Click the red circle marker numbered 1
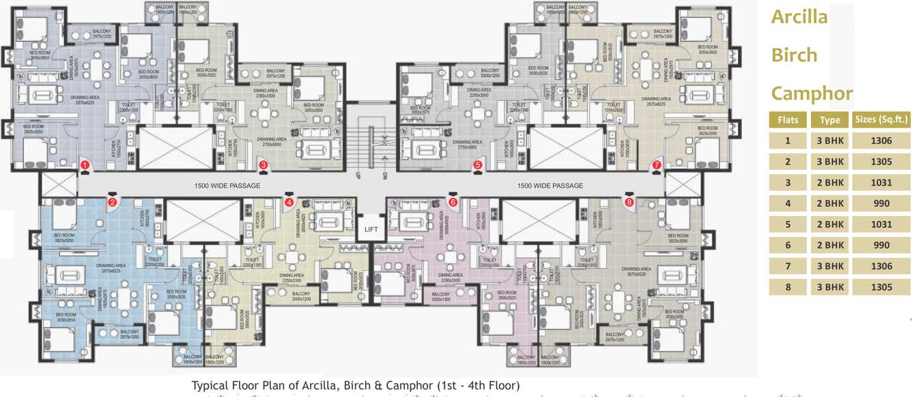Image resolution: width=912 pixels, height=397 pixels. click(x=85, y=165)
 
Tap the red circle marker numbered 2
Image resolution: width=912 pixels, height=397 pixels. click(x=113, y=201)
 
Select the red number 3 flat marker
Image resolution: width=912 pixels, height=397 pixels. click(x=263, y=165)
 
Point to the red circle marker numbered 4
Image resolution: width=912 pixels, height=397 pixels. click(x=289, y=202)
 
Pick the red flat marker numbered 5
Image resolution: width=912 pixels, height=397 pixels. click(x=478, y=165)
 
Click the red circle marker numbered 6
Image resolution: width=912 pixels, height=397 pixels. click(x=453, y=202)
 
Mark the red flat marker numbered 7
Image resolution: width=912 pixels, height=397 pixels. click(x=657, y=165)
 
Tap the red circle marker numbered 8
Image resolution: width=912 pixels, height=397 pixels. click(x=629, y=202)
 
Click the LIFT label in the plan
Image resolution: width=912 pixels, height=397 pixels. click(x=371, y=229)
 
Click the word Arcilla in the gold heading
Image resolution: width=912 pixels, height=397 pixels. click(x=799, y=18)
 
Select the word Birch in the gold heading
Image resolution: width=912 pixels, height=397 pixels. click(x=794, y=55)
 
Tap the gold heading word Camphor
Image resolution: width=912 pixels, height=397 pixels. click(x=812, y=93)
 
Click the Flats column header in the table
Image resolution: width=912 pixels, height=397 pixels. click(x=787, y=120)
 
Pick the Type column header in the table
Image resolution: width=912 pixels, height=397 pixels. click(x=829, y=120)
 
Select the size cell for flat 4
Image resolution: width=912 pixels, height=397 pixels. click(x=881, y=203)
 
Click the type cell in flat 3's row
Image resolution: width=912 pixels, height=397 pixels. click(x=829, y=182)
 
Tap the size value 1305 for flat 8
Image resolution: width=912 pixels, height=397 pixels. click(x=881, y=287)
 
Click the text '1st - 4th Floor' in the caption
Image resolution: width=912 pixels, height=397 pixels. click(x=478, y=385)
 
